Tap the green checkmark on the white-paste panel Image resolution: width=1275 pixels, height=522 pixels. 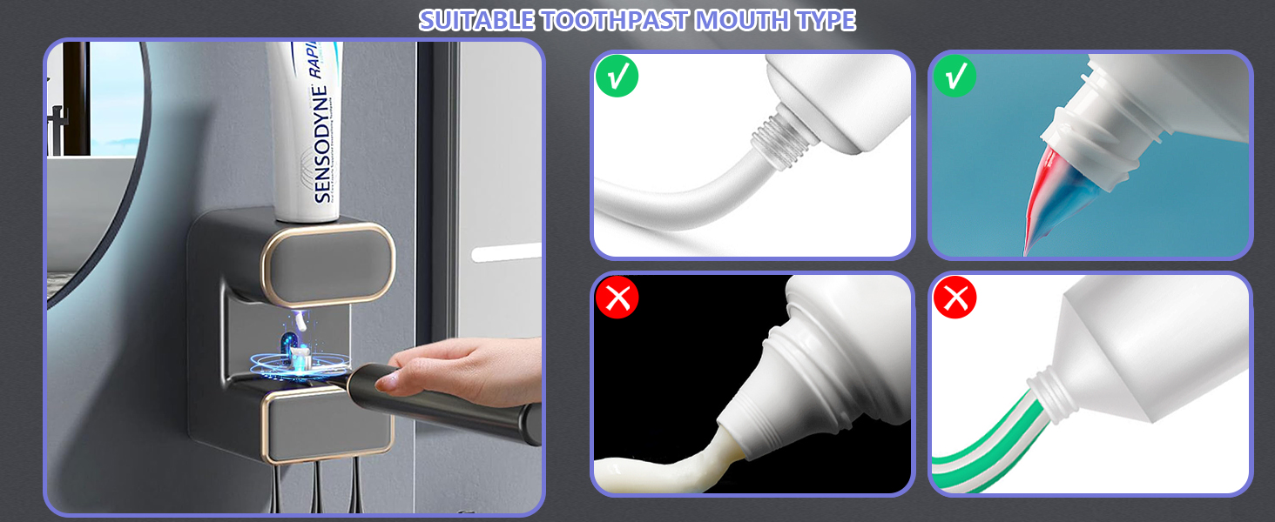pos(617,77)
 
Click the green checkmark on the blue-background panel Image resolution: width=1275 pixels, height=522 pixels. pos(955,77)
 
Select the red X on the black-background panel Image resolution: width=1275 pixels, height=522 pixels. pos(617,299)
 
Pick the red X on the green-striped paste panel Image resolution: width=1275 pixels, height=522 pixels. pos(955,299)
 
